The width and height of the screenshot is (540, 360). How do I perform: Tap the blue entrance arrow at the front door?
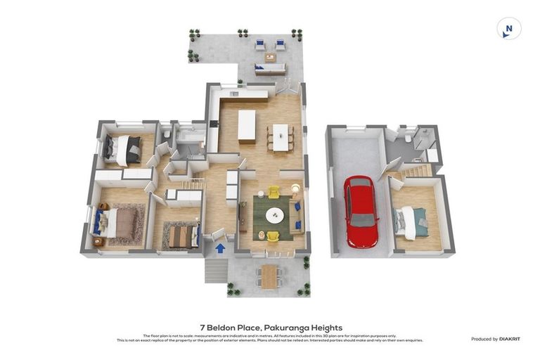click(x=220, y=248)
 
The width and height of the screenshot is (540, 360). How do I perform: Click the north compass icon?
click(x=508, y=29)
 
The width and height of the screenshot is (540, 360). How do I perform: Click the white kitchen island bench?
click(x=247, y=127)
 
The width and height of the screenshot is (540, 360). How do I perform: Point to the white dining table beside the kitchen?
click(x=281, y=136)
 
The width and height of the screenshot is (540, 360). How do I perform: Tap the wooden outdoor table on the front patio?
click(x=269, y=276)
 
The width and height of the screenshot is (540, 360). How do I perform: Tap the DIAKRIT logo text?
click(x=510, y=339)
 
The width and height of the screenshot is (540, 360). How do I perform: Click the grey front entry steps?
click(x=216, y=269)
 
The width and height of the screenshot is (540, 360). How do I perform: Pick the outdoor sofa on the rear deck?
click(x=271, y=69)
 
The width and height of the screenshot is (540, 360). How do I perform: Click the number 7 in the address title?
click(x=202, y=328)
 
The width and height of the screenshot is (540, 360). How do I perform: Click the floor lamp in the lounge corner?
click(x=296, y=188)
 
